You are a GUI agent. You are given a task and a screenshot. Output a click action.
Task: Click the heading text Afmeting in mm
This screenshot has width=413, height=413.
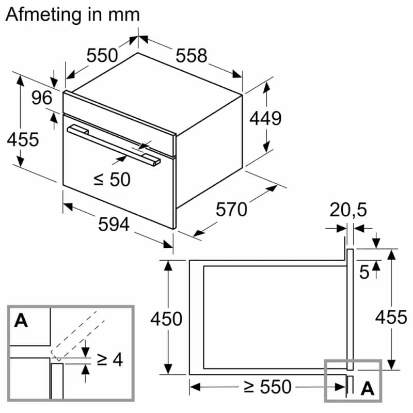pyautogui.click(x=73, y=14)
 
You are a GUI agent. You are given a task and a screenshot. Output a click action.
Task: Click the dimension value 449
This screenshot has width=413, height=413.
pyautogui.click(x=265, y=118)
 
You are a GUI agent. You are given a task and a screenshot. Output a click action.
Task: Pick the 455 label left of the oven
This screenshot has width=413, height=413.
pyautogui.click(x=23, y=139)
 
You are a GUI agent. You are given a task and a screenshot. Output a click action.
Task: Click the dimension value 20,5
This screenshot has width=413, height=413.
pyautogui.click(x=348, y=210)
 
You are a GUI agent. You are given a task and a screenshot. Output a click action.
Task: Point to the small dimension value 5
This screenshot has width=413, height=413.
pyautogui.click(x=364, y=272)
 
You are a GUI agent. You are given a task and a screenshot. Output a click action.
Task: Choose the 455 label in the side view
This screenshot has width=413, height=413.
pyautogui.click(x=391, y=316)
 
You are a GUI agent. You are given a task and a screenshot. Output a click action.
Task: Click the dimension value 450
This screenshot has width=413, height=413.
pyautogui.click(x=166, y=319)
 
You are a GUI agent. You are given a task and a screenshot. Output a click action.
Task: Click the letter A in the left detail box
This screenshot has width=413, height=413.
pyautogui.click(x=21, y=321)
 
